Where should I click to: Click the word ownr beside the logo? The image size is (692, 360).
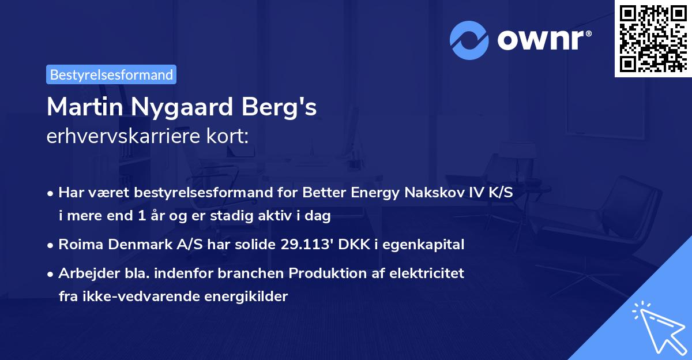point(544,39)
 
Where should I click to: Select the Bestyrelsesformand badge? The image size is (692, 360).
point(111,74)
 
